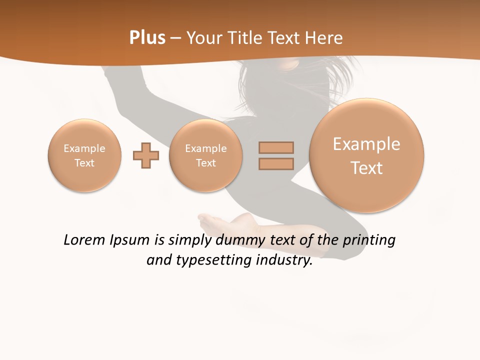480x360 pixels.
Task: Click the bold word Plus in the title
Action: [147, 38]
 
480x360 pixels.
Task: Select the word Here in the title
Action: [324, 38]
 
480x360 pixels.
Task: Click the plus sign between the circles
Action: [146, 155]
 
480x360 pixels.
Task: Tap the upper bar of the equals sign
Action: [276, 147]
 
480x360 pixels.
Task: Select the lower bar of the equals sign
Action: [276, 164]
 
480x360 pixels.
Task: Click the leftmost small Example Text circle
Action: [84, 155]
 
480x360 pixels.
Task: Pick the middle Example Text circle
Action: [206, 155]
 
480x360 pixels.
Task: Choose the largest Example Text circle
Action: [366, 155]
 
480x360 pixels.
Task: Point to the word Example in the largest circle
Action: [366, 144]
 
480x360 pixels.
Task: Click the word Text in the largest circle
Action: [366, 168]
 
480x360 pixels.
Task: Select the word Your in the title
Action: [203, 38]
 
